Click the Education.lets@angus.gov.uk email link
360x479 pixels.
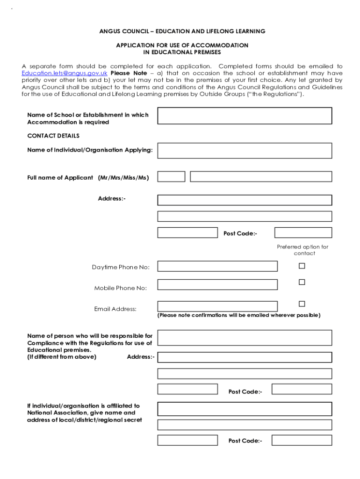tap(65, 73)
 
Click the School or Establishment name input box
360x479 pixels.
tap(245, 116)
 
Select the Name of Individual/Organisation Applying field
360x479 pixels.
tap(245, 151)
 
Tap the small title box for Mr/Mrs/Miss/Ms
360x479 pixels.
tap(171, 177)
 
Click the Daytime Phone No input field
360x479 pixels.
tap(217, 267)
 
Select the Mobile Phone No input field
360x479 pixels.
tap(217, 284)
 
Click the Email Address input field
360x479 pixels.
tap(217, 306)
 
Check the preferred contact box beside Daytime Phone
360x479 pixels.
tap(302, 266)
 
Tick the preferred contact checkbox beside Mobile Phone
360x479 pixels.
tap(302, 282)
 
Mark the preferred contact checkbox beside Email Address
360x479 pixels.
tap(302, 304)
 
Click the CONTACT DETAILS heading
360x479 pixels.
tap(53, 136)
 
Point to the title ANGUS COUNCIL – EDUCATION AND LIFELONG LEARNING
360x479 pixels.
tap(182, 31)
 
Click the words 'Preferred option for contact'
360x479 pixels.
tap(302, 250)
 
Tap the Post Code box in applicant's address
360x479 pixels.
tap(303, 232)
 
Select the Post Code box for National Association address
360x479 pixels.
tap(302, 440)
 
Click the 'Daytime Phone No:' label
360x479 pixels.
tap(121, 267)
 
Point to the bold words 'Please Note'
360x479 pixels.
tap(129, 73)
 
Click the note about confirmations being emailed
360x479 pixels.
tap(239, 315)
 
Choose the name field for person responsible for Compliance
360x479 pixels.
tap(245, 338)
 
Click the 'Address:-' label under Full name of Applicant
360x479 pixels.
tap(111, 199)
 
